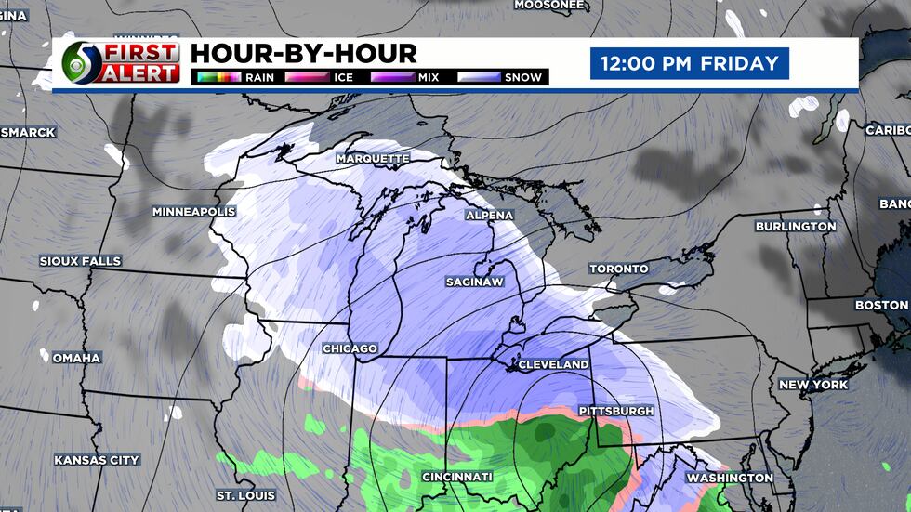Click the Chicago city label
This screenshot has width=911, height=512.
[x=350, y=348]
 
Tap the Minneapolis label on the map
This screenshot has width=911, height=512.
[x=193, y=212]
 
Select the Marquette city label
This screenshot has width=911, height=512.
[x=373, y=159]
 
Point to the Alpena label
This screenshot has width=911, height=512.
[x=489, y=215]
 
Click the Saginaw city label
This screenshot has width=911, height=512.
[x=474, y=281]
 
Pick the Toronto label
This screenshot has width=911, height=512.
[x=618, y=269]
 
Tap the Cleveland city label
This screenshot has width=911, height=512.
[x=553, y=365]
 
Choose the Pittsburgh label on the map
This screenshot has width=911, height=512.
[x=616, y=411]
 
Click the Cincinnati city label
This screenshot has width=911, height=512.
[x=457, y=477]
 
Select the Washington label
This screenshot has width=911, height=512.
[x=730, y=478]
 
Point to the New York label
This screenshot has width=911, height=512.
[x=812, y=385]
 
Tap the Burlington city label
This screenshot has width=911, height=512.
[x=796, y=227]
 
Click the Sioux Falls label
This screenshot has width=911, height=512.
[x=80, y=261]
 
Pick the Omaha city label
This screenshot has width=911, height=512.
[x=76, y=358]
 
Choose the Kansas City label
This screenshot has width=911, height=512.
[x=97, y=460]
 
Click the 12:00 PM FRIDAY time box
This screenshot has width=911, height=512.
[x=689, y=64]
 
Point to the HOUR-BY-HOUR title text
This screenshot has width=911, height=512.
[x=304, y=53]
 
